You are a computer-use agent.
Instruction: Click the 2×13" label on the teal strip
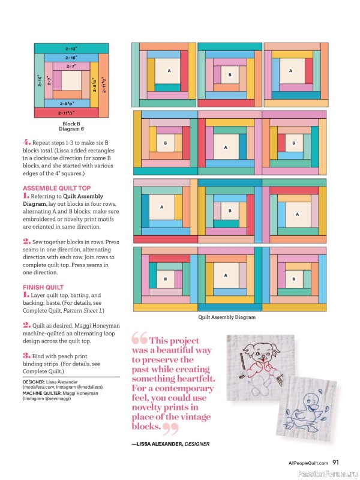(x=71, y=48)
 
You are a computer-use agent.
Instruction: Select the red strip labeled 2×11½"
(x=67, y=112)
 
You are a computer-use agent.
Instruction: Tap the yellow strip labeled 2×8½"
(x=94, y=80)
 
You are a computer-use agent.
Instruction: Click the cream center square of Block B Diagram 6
(x=71, y=80)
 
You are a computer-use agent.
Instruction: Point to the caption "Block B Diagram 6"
(x=71, y=126)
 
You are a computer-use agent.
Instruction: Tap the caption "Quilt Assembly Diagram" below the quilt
(x=227, y=317)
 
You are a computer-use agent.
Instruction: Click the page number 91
(x=336, y=462)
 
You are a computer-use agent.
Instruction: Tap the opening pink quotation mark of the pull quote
(x=139, y=339)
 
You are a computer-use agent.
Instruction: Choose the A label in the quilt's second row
(x=226, y=147)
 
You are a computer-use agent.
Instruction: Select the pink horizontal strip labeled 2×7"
(x=71, y=66)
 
